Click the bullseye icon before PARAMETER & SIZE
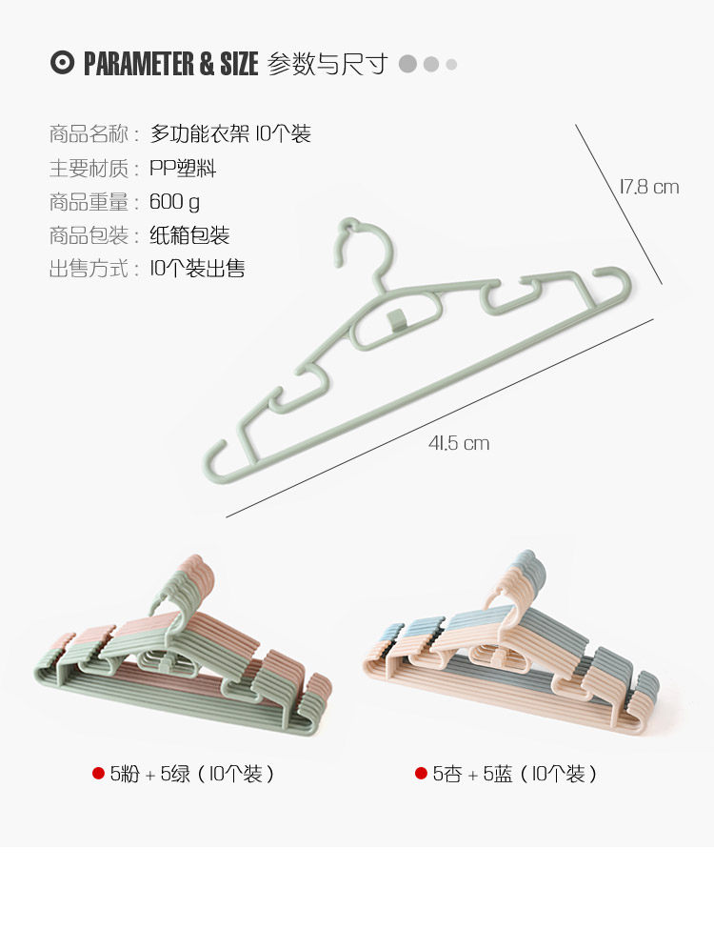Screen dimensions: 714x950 [x=62, y=64]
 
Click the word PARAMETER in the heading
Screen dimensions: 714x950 [x=139, y=64]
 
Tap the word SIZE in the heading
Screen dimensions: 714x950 [x=239, y=64]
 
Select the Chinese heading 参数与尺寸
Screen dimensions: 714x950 [x=328, y=64]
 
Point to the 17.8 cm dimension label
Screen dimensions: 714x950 [x=649, y=187]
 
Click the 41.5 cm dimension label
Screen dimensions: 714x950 [x=459, y=443]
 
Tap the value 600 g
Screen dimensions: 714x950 [x=174, y=202]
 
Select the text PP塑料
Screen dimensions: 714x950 [x=183, y=169]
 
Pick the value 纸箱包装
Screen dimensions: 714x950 [x=189, y=235]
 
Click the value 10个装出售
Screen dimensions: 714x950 [x=197, y=269]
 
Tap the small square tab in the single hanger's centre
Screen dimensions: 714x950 [x=397, y=318]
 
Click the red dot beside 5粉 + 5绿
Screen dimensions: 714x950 [x=98, y=774]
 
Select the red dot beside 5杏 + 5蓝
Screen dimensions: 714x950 [x=421, y=774]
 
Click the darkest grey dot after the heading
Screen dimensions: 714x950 [x=408, y=64]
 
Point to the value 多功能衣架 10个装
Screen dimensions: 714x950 [x=230, y=134]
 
